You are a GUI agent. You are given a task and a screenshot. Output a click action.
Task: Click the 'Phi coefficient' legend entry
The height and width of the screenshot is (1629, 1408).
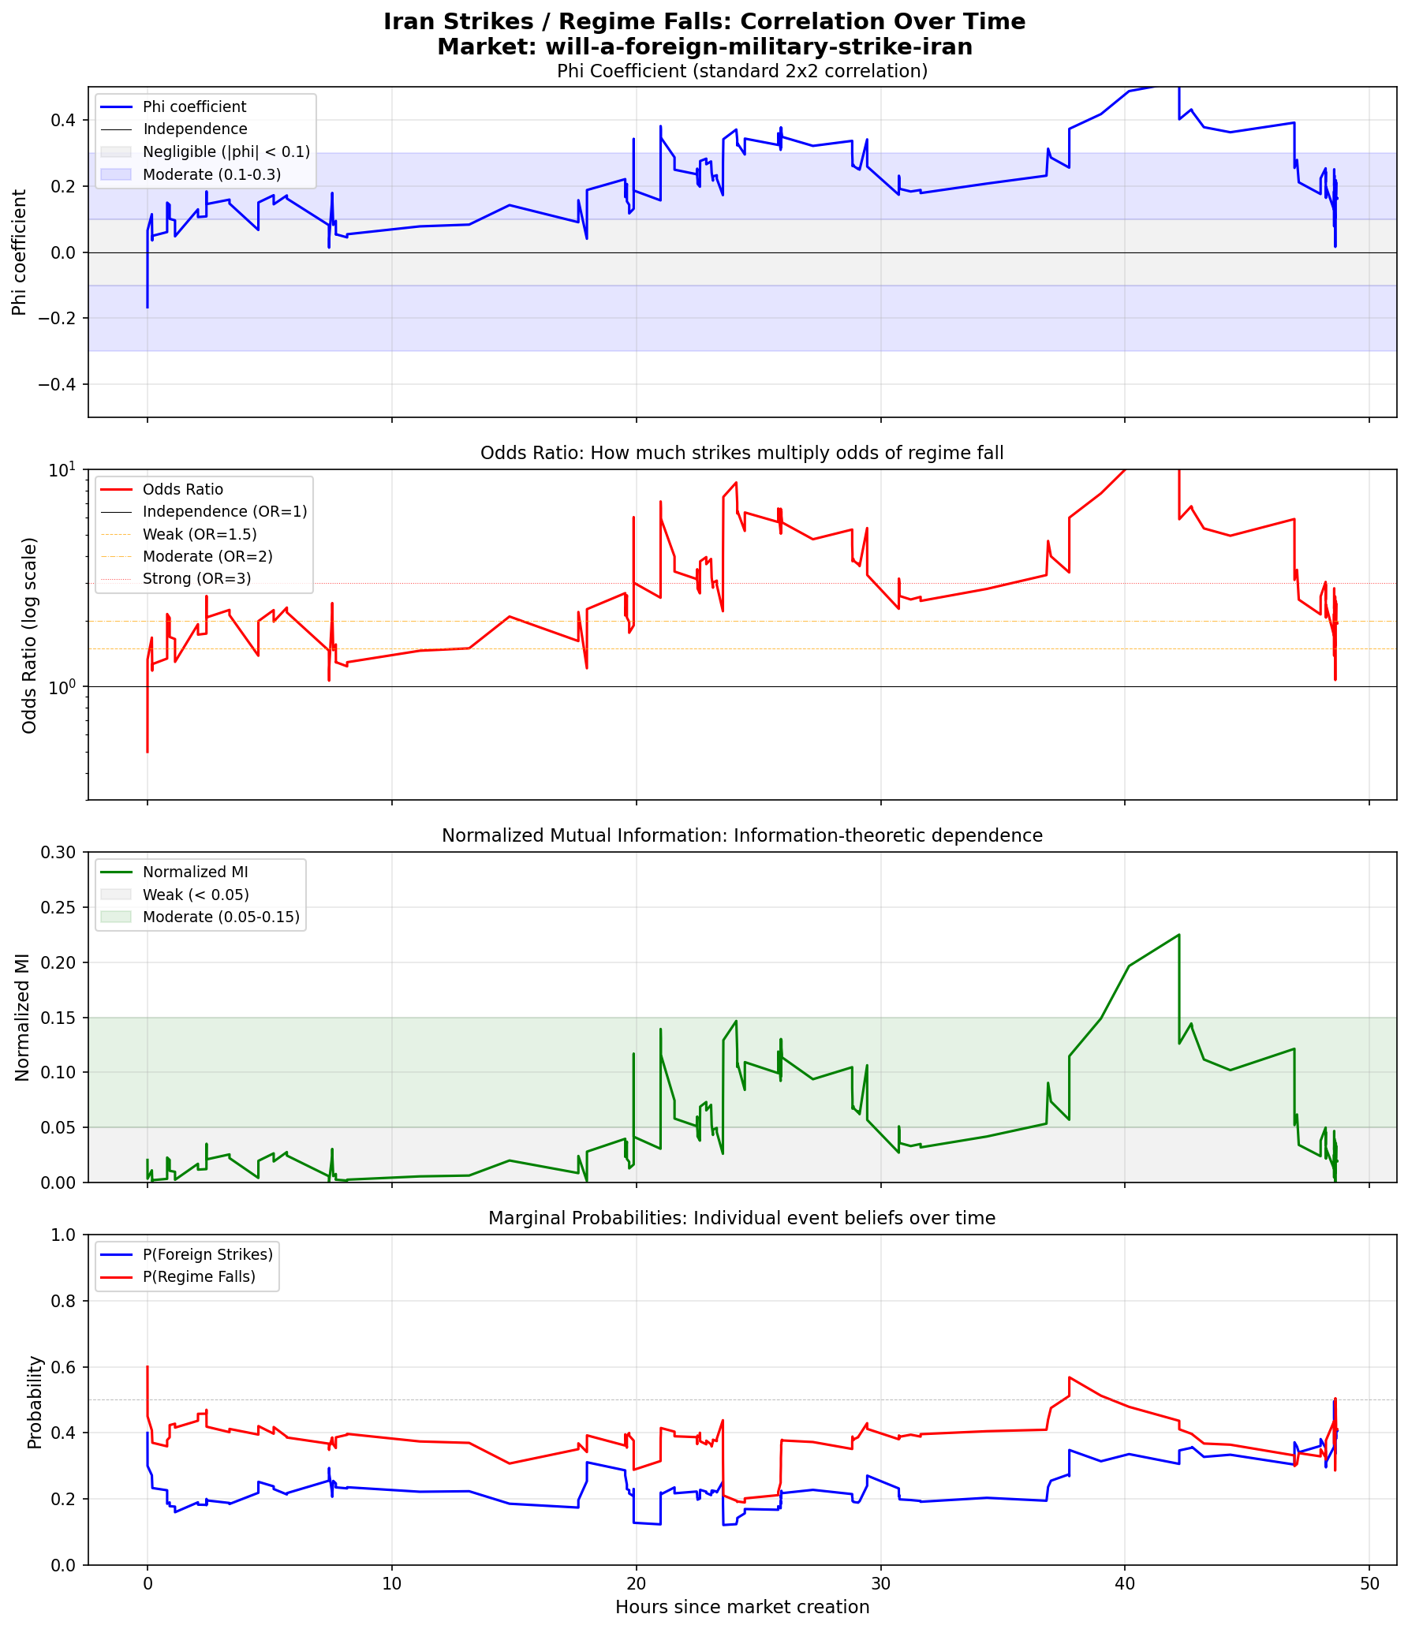[194, 107]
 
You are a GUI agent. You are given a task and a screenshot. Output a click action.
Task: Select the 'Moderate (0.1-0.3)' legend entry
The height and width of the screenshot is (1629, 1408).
[211, 174]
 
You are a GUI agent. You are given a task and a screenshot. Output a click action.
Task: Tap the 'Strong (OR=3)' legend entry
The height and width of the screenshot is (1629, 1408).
[196, 579]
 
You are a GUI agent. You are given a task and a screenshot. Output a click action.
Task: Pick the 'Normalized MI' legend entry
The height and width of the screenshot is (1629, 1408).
[195, 872]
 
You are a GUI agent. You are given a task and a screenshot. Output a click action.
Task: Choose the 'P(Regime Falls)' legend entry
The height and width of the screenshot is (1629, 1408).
[199, 1276]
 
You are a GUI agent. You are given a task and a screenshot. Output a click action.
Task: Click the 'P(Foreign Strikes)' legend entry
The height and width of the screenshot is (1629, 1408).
[207, 1254]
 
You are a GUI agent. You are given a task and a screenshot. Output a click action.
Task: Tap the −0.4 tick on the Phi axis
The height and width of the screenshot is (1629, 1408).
[59, 384]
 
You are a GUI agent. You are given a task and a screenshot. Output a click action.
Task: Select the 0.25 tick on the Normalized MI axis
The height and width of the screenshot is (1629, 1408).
[61, 907]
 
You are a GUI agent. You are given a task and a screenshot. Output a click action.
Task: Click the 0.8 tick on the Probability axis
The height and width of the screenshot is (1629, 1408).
[65, 1301]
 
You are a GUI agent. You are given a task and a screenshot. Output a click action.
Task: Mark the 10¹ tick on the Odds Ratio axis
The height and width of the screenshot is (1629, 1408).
[65, 469]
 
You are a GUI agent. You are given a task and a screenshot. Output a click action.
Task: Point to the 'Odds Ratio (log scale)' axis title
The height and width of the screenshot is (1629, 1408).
[30, 635]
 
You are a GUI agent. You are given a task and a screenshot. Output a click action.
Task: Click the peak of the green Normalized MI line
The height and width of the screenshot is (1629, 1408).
[1178, 935]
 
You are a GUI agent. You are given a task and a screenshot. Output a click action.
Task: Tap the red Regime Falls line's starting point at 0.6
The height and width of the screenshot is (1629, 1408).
[148, 1367]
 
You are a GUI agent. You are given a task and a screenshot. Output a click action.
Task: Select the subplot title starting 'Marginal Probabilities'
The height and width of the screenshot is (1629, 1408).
[741, 1218]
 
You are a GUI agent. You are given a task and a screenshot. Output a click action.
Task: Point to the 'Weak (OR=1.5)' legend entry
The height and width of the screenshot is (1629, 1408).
[200, 534]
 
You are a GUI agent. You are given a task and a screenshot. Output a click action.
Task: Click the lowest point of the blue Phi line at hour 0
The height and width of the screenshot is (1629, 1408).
[148, 308]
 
